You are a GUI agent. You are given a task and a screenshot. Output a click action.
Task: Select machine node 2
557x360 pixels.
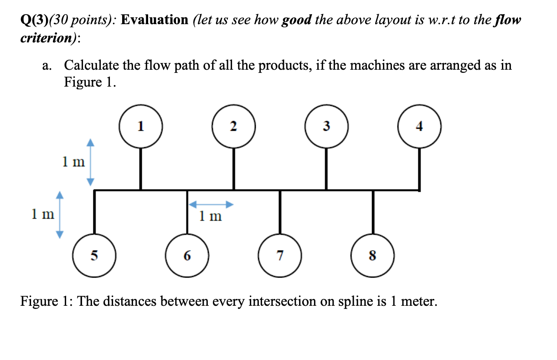click(233, 126)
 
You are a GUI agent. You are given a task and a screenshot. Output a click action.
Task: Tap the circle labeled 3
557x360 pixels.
click(326, 126)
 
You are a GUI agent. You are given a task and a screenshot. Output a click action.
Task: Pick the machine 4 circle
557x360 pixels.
click(419, 126)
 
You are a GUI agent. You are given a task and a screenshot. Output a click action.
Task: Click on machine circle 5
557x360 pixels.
click(94, 256)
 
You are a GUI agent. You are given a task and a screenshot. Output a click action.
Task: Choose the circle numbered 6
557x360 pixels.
click(187, 256)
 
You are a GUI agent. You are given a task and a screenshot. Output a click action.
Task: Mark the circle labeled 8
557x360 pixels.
click(373, 256)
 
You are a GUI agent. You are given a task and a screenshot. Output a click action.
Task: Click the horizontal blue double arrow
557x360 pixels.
click(211, 204)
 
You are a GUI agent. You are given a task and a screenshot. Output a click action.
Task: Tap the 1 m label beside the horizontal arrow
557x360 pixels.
click(211, 216)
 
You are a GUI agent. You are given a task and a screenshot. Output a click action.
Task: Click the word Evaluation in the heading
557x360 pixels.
click(154, 20)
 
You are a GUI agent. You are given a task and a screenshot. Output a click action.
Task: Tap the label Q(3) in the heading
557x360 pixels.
click(34, 20)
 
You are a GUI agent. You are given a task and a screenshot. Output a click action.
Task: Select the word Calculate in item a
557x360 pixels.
click(90, 65)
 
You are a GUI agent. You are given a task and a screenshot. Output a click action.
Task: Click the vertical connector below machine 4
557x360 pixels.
click(419, 168)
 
